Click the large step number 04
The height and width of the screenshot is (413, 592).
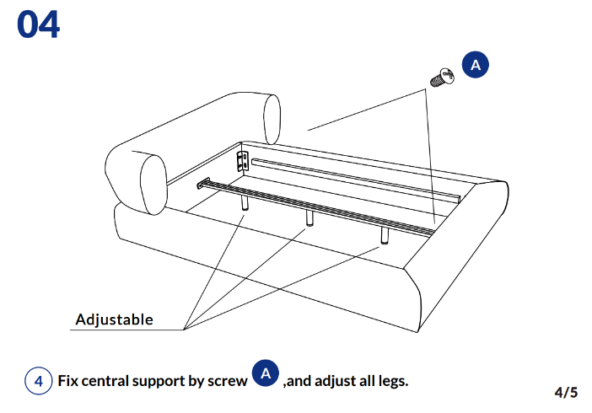[38, 24]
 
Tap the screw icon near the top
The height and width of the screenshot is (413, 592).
[441, 79]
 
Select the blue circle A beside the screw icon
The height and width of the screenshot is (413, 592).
[476, 65]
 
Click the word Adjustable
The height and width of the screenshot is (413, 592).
[114, 319]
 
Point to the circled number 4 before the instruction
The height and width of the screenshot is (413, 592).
[38, 381]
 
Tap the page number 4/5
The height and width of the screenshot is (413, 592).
[566, 392]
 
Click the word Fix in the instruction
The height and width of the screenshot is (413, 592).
[68, 381]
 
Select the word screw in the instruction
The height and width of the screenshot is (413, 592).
[229, 381]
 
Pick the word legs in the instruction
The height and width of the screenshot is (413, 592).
[391, 381]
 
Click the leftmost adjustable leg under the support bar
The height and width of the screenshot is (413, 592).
[244, 203]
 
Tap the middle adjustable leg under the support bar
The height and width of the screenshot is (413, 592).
[309, 217]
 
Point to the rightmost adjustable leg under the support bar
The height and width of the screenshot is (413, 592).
[385, 233]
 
